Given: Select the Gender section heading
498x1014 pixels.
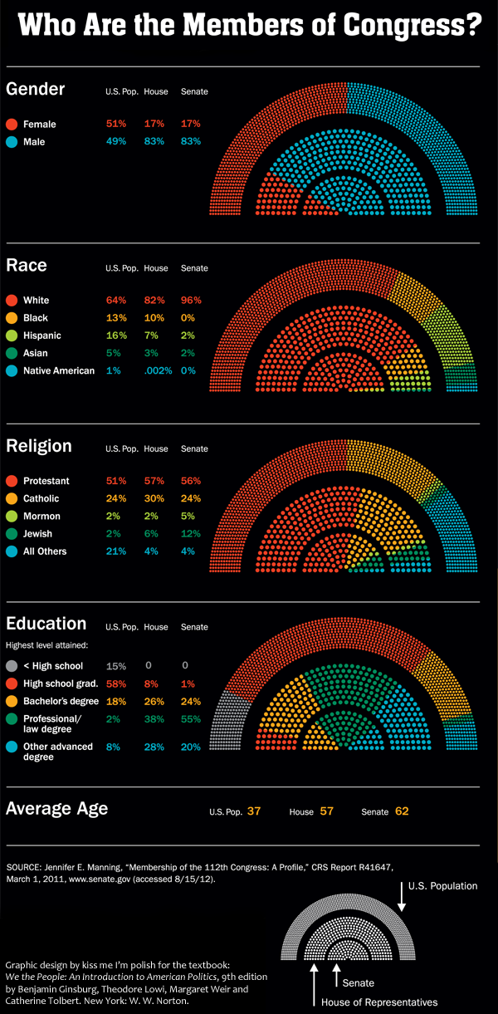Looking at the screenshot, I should pos(36,89).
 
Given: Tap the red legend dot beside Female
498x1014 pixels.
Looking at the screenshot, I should pos(12,125).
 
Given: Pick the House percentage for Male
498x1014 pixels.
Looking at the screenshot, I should pos(154,142).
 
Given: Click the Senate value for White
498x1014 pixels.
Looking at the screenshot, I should pos(192,300).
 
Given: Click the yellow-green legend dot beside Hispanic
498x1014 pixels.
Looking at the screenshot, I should pos(12,336).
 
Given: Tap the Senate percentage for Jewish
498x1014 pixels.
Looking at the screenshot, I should pos(192,534).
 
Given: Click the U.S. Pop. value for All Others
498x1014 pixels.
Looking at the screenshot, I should pos(115,551).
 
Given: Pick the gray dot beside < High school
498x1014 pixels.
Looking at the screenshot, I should pos(12,666).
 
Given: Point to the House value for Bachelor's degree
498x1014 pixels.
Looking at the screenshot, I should pos(154,702).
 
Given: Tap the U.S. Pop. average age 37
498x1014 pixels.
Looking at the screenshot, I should pos(254,811).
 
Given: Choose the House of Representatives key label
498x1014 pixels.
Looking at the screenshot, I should pos(379,1002).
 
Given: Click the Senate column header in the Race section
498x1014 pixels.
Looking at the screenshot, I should pos(194,268).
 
